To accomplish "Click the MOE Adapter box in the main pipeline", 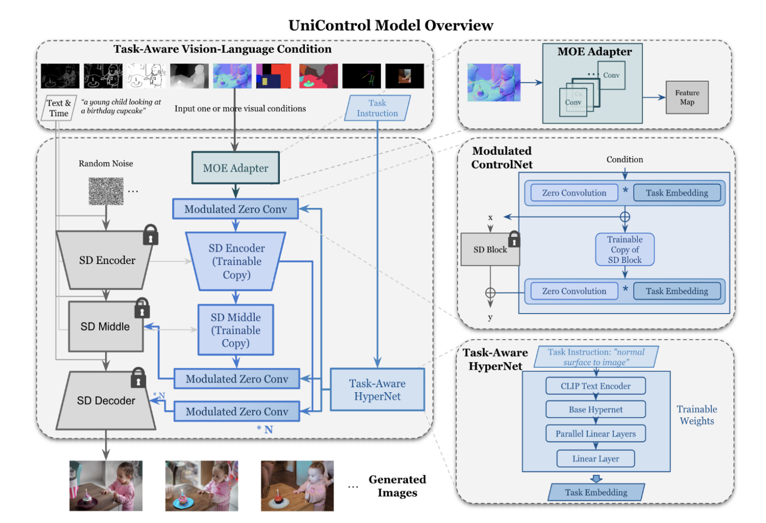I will (x=235, y=168).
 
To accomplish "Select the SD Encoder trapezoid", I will (x=107, y=260).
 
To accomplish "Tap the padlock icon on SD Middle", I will (x=141, y=308).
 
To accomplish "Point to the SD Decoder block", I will (x=106, y=401).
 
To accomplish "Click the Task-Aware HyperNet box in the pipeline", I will (x=377, y=390).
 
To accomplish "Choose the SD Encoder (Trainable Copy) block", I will (x=236, y=261).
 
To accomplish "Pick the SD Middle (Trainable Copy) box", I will (x=236, y=330).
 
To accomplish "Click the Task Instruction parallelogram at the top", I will (x=377, y=108).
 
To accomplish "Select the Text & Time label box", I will (x=59, y=108).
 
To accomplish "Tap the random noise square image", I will (x=106, y=191).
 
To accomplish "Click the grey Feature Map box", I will (x=687, y=97).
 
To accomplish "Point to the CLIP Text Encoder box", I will (x=595, y=386).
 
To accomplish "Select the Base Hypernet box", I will (x=595, y=410).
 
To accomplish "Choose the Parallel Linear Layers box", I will (x=595, y=434).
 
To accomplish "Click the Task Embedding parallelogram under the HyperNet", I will (x=596, y=492).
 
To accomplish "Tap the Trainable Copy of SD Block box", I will (x=625, y=250).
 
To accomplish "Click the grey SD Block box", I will (x=489, y=250).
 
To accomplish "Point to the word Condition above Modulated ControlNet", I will (x=625, y=160).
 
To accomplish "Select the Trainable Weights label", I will (x=697, y=415).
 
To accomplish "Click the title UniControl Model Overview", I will (x=390, y=26).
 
